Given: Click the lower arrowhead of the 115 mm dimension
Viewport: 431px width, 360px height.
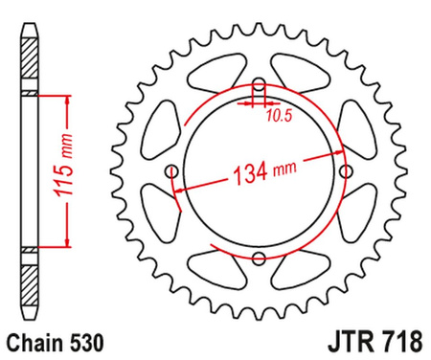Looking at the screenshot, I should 66,243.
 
